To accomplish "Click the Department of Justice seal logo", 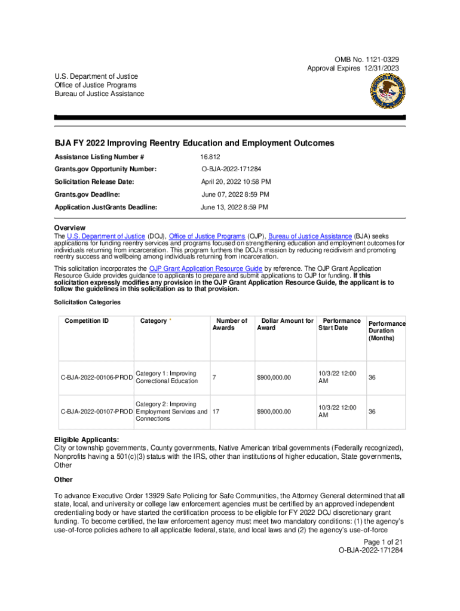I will click(x=387, y=92).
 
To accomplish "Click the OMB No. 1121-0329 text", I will click(x=367, y=60).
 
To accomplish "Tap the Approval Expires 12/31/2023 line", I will click(x=353, y=69).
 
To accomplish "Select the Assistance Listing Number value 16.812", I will click(x=210, y=157).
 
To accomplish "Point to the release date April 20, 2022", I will click(x=235, y=182).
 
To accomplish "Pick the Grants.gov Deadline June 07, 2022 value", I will click(x=235, y=195).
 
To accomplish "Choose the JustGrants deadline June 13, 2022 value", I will click(x=234, y=207).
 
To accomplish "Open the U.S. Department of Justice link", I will click(x=106, y=237).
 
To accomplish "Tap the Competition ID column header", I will click(x=87, y=321).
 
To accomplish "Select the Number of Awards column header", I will click(x=232, y=325).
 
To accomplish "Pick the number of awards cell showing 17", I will click(x=216, y=412).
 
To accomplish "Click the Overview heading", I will click(x=70, y=228).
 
